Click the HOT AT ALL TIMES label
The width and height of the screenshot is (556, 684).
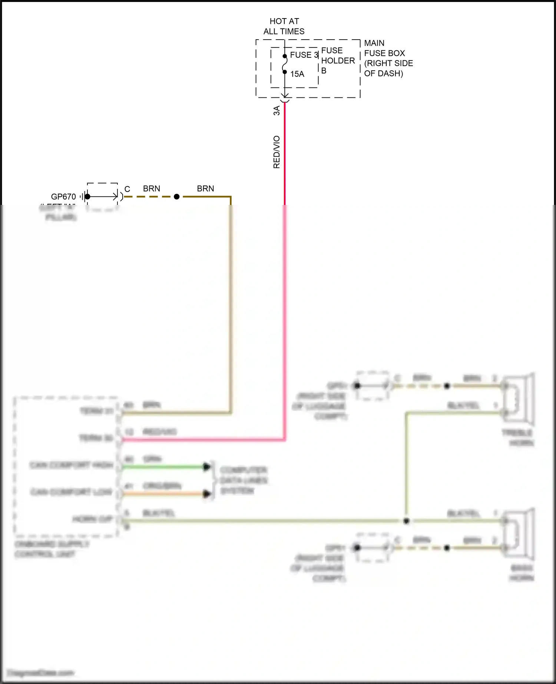[x=284, y=26]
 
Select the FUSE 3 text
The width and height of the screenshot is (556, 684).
[x=304, y=55]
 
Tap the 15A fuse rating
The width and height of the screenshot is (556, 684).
[x=297, y=74]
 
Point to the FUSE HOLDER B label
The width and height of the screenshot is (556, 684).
[x=337, y=60]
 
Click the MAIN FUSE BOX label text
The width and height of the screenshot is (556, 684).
[x=388, y=58]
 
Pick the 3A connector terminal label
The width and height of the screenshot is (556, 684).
[x=277, y=110]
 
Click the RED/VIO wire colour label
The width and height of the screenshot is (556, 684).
[x=277, y=152]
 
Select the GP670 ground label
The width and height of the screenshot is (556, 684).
[x=63, y=197]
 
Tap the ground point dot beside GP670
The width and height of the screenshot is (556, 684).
[x=87, y=197]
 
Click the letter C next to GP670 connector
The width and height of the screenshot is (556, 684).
[x=127, y=189]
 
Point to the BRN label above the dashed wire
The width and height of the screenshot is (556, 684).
[x=152, y=189]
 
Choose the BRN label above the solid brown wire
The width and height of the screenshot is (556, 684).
[x=205, y=189]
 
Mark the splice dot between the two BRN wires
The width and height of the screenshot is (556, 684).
[x=177, y=197]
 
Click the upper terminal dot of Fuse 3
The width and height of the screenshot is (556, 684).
[x=285, y=56]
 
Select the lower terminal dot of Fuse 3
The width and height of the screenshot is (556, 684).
[x=285, y=72]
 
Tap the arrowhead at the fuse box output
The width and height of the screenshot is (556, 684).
[x=285, y=96]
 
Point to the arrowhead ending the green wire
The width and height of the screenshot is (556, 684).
[x=206, y=467]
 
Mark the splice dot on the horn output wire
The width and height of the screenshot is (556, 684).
[x=406, y=521]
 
